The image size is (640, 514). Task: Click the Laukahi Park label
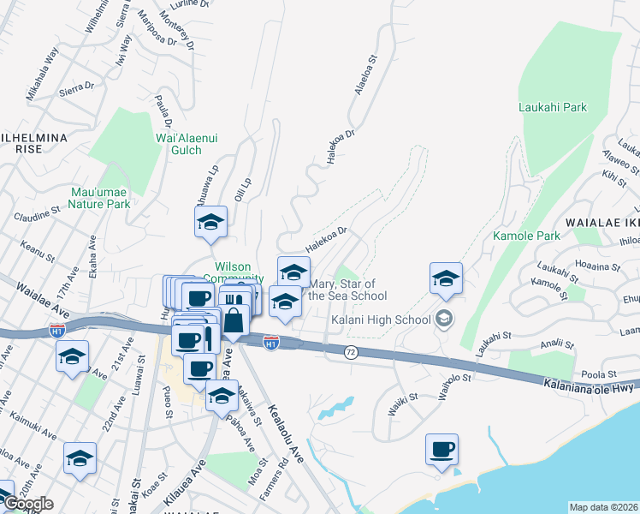pyautogui.click(x=553, y=108)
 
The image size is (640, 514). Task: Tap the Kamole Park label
pyautogui.click(x=526, y=236)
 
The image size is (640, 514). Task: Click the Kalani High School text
pyautogui.click(x=380, y=320)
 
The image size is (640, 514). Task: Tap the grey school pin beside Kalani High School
pyautogui.click(x=444, y=320)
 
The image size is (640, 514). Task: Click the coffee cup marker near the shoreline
pyautogui.click(x=441, y=450)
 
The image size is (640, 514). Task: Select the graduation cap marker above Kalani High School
pyautogui.click(x=446, y=278)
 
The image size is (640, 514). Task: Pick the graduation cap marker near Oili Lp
pyautogui.click(x=210, y=223)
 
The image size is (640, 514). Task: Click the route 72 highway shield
pyautogui.click(x=350, y=352)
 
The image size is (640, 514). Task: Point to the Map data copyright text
pyautogui.click(x=604, y=507)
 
